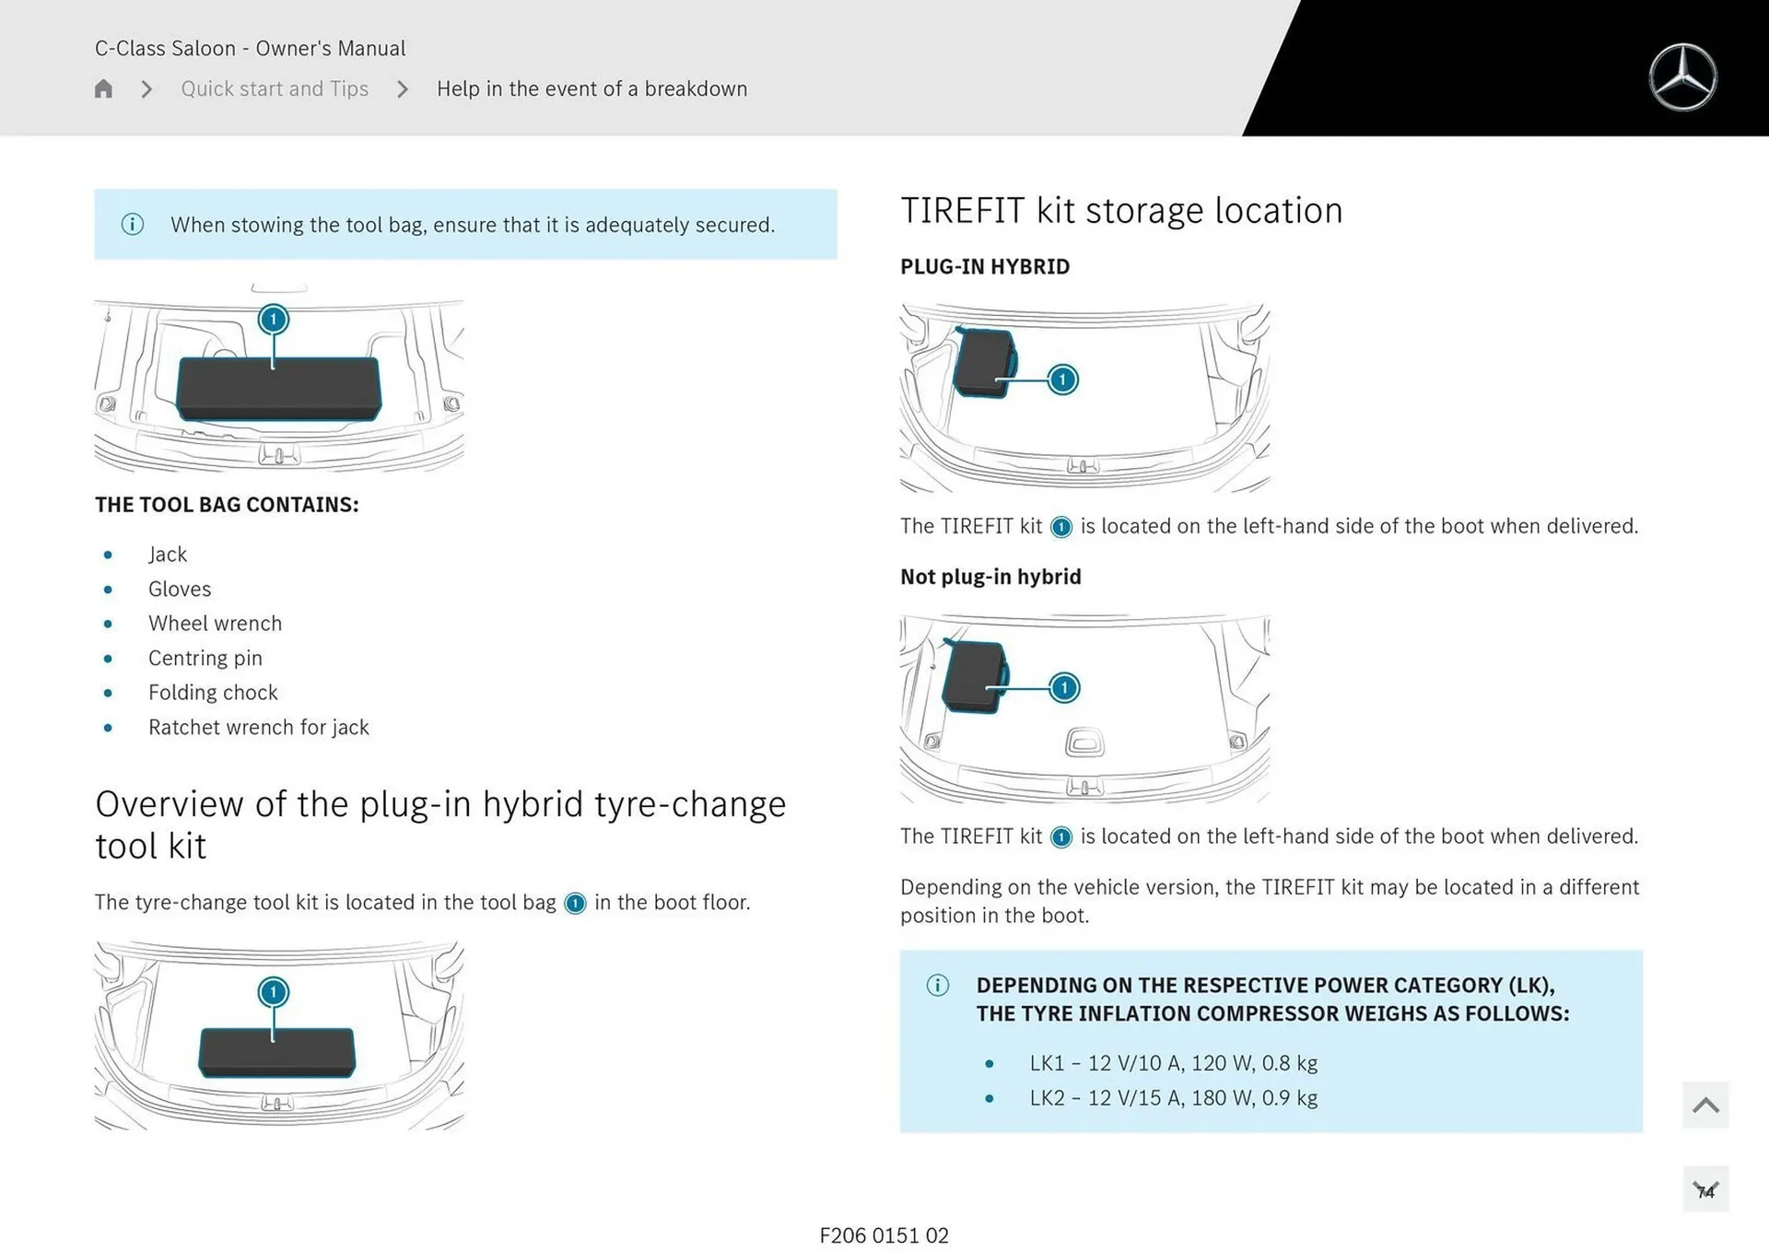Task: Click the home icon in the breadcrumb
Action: (x=103, y=88)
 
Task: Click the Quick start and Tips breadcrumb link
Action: (x=275, y=88)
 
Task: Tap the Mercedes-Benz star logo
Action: (x=1682, y=77)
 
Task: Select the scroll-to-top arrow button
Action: (x=1705, y=1105)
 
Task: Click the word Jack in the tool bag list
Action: (x=168, y=555)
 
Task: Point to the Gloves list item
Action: (x=180, y=589)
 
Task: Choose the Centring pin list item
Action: (x=205, y=658)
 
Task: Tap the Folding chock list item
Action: (x=213, y=693)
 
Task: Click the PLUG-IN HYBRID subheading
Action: (x=985, y=267)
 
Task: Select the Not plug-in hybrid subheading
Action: (x=990, y=577)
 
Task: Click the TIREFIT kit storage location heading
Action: (x=1121, y=211)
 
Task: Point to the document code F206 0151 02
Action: (x=884, y=1235)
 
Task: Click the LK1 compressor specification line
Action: (x=1173, y=1063)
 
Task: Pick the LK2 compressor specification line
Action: (x=1173, y=1098)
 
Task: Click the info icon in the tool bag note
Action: (x=133, y=224)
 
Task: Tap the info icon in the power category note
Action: (x=938, y=985)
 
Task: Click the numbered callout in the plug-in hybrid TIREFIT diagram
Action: (x=1062, y=380)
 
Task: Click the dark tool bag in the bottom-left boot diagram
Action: (x=276, y=1052)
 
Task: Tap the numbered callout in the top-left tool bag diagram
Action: (x=273, y=320)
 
